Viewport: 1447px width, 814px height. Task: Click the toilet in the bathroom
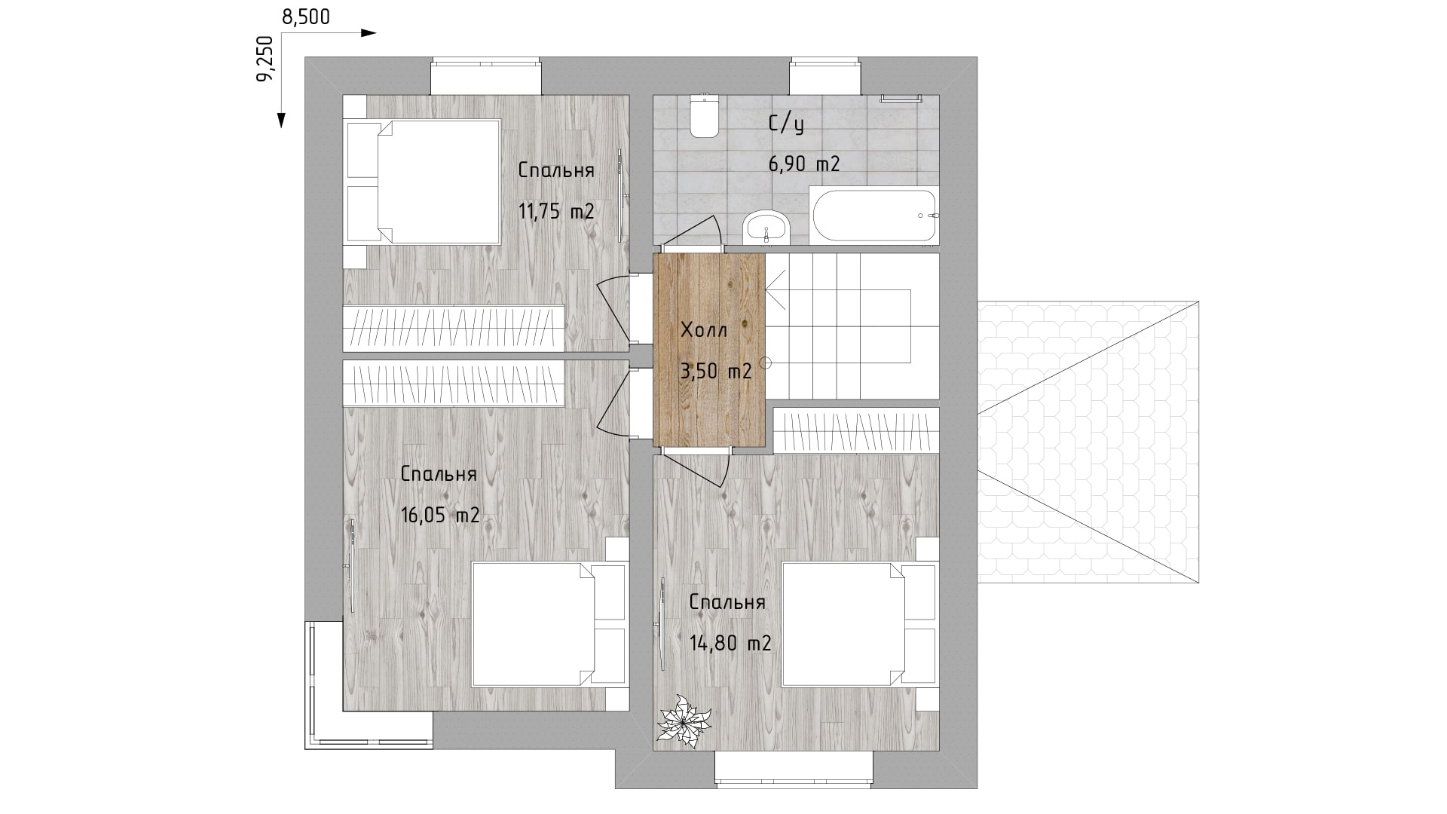pos(705,117)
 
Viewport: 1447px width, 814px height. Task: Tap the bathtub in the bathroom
pos(874,216)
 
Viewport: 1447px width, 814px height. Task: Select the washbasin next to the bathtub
pos(766,228)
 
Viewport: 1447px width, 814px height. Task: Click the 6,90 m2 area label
pos(804,164)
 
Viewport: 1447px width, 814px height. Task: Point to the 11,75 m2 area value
pos(556,211)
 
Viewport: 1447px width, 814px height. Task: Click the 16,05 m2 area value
pos(440,516)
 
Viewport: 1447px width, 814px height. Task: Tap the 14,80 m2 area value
pos(730,644)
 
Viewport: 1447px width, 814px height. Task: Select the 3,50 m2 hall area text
pos(716,371)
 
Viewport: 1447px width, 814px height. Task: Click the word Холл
pos(704,330)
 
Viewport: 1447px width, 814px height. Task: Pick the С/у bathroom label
pos(786,124)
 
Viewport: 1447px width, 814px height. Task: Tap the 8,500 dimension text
pos(306,17)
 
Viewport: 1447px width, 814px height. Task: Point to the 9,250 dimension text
pos(265,58)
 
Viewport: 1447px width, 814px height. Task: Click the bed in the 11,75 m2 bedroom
pos(423,182)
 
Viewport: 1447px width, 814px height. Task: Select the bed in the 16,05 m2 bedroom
pos(549,624)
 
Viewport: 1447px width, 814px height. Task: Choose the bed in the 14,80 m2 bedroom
pos(860,624)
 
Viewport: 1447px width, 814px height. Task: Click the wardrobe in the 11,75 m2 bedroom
pos(454,328)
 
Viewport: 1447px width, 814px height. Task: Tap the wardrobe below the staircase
pos(857,430)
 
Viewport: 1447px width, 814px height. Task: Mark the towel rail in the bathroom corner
pos(901,98)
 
